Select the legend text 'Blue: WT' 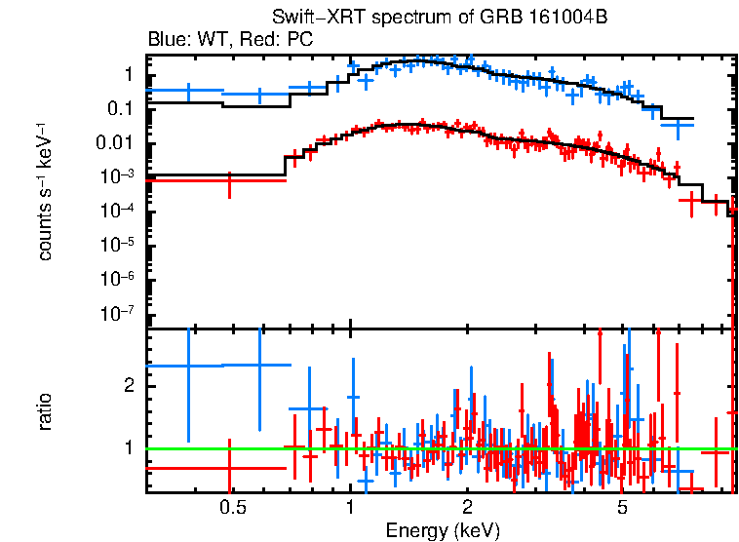[x=181, y=41]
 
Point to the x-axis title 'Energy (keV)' [x=442, y=531]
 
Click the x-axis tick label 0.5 [x=232, y=508]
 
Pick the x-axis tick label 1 [x=350, y=508]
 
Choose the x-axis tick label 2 [x=468, y=508]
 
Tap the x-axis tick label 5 [x=623, y=508]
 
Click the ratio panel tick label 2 [x=129, y=386]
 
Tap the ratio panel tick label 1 [x=129, y=448]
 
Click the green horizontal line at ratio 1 [x=439, y=448]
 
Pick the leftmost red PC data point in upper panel [x=229, y=181]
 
